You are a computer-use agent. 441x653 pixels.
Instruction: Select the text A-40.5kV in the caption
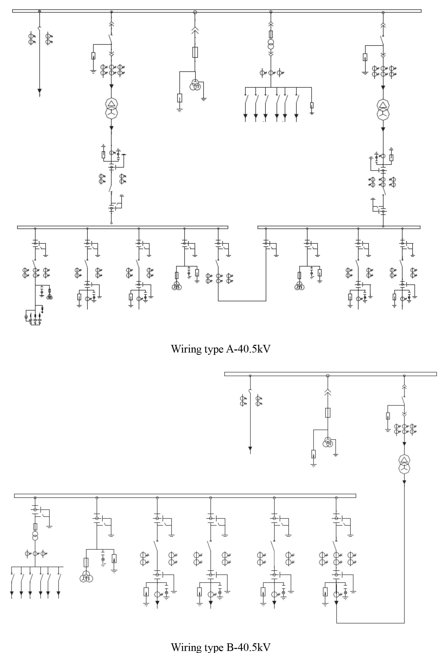pos(248,349)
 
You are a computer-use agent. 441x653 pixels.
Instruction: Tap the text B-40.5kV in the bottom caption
pos(248,647)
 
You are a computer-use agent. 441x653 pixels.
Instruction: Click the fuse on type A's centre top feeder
pos(195,52)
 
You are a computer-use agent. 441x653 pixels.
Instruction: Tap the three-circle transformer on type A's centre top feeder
pos(195,85)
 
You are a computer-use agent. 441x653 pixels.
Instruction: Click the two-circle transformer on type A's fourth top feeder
pos(271,44)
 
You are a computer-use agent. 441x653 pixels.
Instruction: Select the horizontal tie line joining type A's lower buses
pos(242,301)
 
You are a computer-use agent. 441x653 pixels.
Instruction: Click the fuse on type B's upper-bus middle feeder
pos(328,412)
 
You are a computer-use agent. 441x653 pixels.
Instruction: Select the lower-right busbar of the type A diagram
pos(339,227)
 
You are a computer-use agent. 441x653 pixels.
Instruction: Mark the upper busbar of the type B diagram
pos(330,374)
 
